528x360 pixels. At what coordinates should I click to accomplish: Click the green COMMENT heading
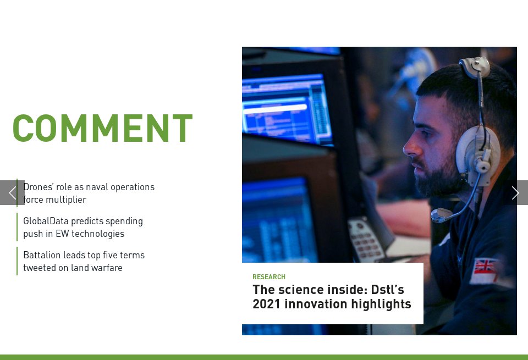coord(103,128)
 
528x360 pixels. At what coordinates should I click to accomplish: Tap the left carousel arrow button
coord(12,193)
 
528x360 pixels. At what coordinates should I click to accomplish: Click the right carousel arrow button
coord(515,193)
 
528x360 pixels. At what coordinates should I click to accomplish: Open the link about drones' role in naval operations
coord(89,193)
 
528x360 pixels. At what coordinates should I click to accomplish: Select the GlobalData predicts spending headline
coord(83,227)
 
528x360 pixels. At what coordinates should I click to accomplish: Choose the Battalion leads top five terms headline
coord(84,261)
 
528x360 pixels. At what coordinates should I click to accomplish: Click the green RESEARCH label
coord(269,277)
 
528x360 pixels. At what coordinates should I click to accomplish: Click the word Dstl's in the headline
coord(387,290)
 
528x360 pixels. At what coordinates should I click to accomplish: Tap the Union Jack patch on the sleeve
coord(485,267)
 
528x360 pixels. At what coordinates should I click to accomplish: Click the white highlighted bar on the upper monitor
coord(275,108)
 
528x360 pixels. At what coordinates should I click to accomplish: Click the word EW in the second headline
coord(62,234)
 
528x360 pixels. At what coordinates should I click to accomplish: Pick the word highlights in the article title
coord(381,304)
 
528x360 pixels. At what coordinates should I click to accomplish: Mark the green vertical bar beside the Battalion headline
coord(17,261)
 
